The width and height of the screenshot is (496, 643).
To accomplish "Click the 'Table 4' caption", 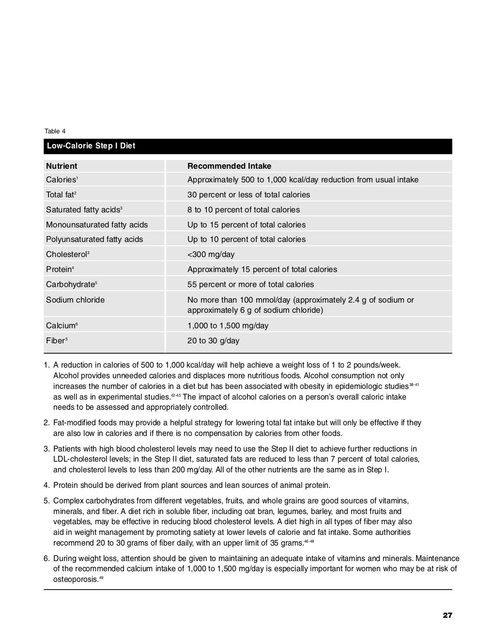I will point(55,131).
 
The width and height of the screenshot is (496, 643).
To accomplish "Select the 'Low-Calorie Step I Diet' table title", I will point(91,146).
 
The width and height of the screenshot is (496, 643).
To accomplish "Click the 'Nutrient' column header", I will point(62,166).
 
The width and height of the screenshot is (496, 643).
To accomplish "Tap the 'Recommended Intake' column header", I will point(229,166).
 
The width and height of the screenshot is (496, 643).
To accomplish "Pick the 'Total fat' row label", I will point(61,194).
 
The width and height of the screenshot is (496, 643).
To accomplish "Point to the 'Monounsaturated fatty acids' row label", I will point(97,225).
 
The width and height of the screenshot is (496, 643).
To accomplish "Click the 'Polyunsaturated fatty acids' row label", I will point(94,239).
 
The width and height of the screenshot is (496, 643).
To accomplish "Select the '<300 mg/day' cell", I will point(211,254).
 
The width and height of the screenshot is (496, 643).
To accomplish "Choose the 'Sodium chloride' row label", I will point(75,300).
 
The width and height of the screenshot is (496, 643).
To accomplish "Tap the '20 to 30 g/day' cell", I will point(213,340).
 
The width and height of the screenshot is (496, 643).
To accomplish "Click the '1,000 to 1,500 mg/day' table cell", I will point(228,325).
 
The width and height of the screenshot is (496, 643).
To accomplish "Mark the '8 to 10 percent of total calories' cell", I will point(244,209).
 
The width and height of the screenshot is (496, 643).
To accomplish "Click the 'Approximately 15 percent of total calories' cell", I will point(262,269).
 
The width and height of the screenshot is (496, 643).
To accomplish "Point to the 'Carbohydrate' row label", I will point(71,284).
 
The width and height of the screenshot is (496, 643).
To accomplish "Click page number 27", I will point(447,615).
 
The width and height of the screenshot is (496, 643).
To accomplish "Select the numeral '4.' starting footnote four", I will point(47,485).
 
